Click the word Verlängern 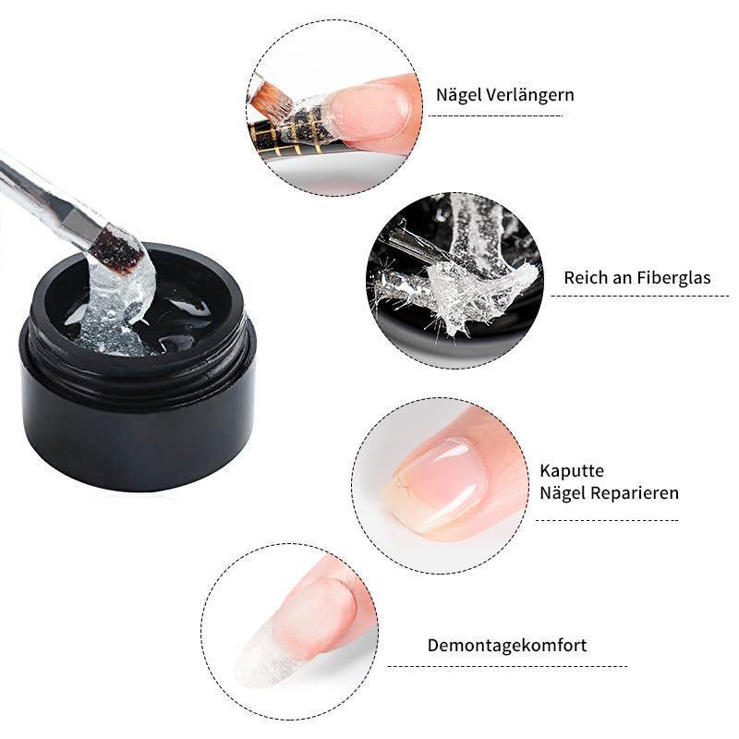530,95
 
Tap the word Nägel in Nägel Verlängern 459,95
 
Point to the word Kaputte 572,471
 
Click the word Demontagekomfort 507,645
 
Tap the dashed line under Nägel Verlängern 495,115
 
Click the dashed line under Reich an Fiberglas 640,296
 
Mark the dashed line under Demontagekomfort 507,666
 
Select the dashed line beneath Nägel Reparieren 607,520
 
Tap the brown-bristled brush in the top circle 270,98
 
